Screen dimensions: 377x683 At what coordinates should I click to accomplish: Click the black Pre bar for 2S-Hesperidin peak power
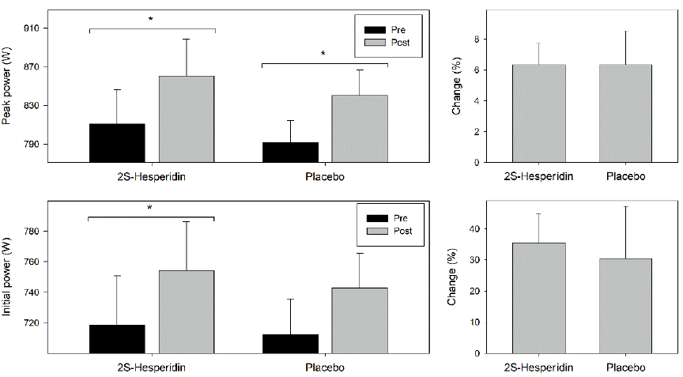pos(116,143)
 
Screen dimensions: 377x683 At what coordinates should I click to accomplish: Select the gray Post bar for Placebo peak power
pos(360,129)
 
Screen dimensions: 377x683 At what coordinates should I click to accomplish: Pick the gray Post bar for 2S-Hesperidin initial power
pos(187,311)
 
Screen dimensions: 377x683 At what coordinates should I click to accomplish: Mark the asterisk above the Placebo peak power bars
pos(323,55)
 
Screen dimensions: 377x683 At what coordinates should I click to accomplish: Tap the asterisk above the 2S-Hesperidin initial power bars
pos(149,208)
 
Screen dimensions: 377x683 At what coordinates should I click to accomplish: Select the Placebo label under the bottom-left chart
pos(324,368)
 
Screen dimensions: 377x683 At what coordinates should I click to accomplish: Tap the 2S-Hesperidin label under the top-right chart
pos(538,177)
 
